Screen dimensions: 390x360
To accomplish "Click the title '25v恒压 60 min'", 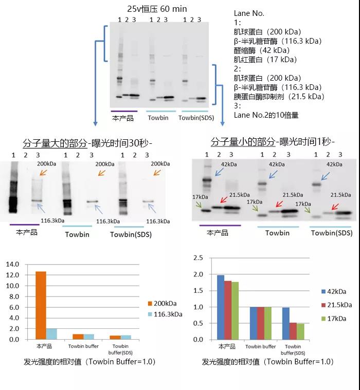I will [157, 9].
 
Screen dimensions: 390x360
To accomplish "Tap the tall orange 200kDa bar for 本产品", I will [41, 305].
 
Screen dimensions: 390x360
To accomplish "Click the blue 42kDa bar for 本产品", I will [221, 307].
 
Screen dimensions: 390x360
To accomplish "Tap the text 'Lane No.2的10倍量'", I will [266, 115].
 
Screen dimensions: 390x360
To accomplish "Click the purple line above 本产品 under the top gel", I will [124, 110].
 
